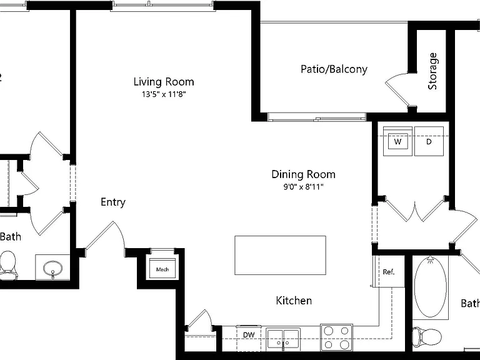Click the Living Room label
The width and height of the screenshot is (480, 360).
[164, 82]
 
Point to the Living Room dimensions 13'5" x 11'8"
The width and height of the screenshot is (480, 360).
[164, 94]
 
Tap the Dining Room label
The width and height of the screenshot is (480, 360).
[303, 174]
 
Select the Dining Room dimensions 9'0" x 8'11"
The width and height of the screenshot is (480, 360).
[303, 186]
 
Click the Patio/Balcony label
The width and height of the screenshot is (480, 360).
[334, 69]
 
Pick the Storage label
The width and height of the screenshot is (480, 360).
[432, 71]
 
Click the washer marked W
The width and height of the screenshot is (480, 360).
[397, 141]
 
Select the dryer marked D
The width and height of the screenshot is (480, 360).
[429, 141]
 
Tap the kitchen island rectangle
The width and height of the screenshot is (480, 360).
[280, 255]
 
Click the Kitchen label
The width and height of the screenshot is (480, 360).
[294, 301]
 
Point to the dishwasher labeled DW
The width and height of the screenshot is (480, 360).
[249, 338]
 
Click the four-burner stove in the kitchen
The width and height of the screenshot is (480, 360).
[336, 337]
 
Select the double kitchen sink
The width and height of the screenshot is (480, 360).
[283, 339]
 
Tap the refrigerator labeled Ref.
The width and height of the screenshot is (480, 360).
[389, 271]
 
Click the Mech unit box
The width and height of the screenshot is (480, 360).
[162, 269]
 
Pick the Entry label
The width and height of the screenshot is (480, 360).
[113, 202]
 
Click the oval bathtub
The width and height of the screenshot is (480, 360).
[430, 287]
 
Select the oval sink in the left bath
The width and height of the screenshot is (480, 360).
[52, 269]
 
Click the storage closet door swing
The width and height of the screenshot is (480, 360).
[399, 89]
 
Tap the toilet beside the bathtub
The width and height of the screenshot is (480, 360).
[426, 336]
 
